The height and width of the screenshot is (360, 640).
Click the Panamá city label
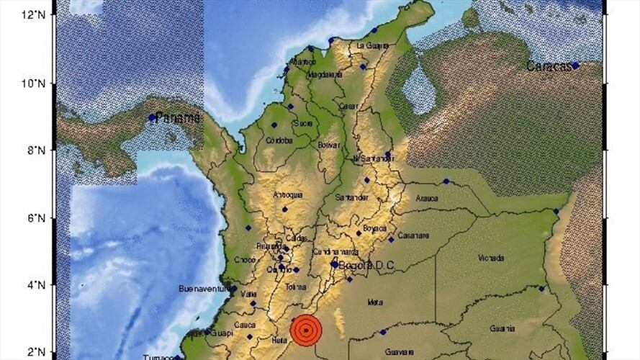click(x=177, y=117)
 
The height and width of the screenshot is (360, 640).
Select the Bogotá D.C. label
click(x=368, y=266)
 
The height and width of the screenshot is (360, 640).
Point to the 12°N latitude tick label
click(x=34, y=14)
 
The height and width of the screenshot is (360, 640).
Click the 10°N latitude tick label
click(x=34, y=84)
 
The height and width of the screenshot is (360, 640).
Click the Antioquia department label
click(x=288, y=195)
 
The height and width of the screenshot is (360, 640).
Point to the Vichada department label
click(x=490, y=257)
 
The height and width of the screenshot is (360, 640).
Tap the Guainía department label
click(x=502, y=328)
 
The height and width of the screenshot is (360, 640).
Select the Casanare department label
click(x=413, y=235)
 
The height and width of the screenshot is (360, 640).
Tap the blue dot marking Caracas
click(x=575, y=66)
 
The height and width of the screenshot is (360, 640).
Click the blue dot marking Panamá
click(x=152, y=117)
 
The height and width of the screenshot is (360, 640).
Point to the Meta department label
click(x=374, y=302)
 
